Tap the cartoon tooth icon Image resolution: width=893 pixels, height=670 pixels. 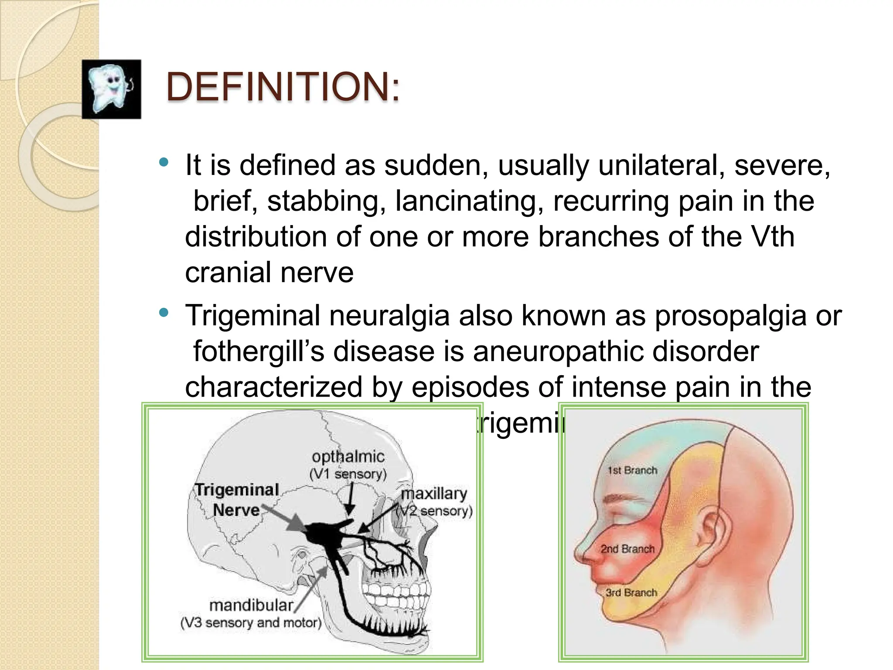click(111, 89)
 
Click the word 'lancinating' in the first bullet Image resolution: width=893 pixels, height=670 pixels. click(469, 201)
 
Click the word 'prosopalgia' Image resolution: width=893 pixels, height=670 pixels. click(730, 315)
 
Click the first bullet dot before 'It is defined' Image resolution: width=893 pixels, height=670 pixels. click(164, 163)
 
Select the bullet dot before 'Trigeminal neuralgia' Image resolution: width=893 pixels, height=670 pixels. click(164, 313)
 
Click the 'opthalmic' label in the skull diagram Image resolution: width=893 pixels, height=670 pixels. click(348, 457)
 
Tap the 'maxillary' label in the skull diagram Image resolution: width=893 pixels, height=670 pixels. click(434, 493)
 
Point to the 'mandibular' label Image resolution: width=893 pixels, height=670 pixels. click(252, 605)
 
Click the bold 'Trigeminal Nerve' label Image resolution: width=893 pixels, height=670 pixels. click(236, 499)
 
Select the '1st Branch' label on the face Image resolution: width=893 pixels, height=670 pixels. click(632, 470)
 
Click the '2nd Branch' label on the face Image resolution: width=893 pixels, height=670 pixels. click(627, 549)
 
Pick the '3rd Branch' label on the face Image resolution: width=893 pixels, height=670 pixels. click(631, 592)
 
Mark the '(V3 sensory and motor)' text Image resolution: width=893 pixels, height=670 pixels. click(251, 623)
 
